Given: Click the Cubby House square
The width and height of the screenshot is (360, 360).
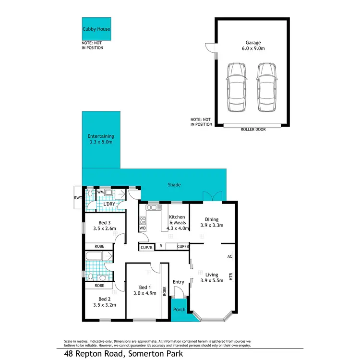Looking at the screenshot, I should click(x=96, y=29).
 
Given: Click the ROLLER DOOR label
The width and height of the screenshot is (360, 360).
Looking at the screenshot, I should click(x=252, y=129).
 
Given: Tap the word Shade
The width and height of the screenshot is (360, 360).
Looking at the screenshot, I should click(x=174, y=184).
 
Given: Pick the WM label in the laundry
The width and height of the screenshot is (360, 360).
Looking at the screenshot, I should click(x=101, y=192).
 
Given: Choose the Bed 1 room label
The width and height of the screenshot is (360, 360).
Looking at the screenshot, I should click(x=144, y=290).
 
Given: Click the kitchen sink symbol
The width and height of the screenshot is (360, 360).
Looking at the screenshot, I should click(x=153, y=208).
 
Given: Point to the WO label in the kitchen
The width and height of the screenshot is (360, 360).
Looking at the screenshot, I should click(x=143, y=228).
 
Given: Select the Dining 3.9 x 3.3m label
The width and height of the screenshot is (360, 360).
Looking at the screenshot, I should click(x=212, y=222).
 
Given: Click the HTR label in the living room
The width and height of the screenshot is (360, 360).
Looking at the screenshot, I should click(x=231, y=277).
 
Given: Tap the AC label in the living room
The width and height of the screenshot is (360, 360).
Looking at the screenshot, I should click(x=230, y=257).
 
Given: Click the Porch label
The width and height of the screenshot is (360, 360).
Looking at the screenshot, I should click(x=179, y=310).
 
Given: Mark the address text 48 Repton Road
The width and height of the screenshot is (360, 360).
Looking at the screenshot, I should click(x=94, y=354).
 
